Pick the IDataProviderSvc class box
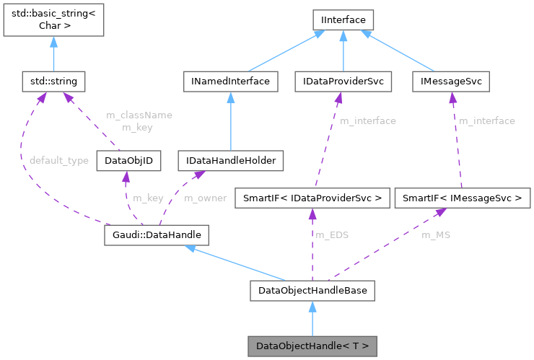343,82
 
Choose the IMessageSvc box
450,82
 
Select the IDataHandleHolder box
232,160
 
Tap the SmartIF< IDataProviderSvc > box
311,197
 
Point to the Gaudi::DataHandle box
157,234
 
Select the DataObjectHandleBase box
312,291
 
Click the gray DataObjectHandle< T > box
312,346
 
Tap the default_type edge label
59,160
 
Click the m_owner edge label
206,197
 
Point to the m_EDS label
331,234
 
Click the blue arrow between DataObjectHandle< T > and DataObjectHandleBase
312,318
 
